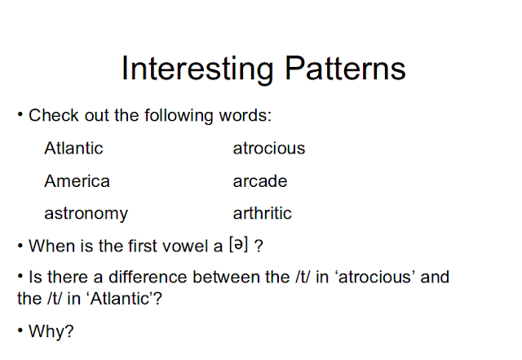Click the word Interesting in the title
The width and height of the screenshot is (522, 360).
pos(197,69)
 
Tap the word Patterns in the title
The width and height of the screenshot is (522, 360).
pos(346,68)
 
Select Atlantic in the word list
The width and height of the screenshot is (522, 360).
pos(73,148)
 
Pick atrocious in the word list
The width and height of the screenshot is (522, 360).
pos(269,149)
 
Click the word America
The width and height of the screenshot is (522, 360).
pos(77,181)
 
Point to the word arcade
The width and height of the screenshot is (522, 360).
pos(260,181)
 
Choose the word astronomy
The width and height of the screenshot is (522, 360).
pos(86,214)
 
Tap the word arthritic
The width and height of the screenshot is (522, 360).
pos(263,213)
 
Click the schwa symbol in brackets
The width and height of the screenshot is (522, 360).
pos(239,244)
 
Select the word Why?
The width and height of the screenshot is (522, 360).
pos(51,331)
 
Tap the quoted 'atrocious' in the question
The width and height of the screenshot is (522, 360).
pos(374,277)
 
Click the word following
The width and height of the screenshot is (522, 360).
pos(179,116)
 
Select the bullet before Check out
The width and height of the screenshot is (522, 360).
pos(20,114)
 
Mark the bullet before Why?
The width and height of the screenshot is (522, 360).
pos(20,331)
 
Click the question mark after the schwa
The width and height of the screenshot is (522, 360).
pos(259,247)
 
